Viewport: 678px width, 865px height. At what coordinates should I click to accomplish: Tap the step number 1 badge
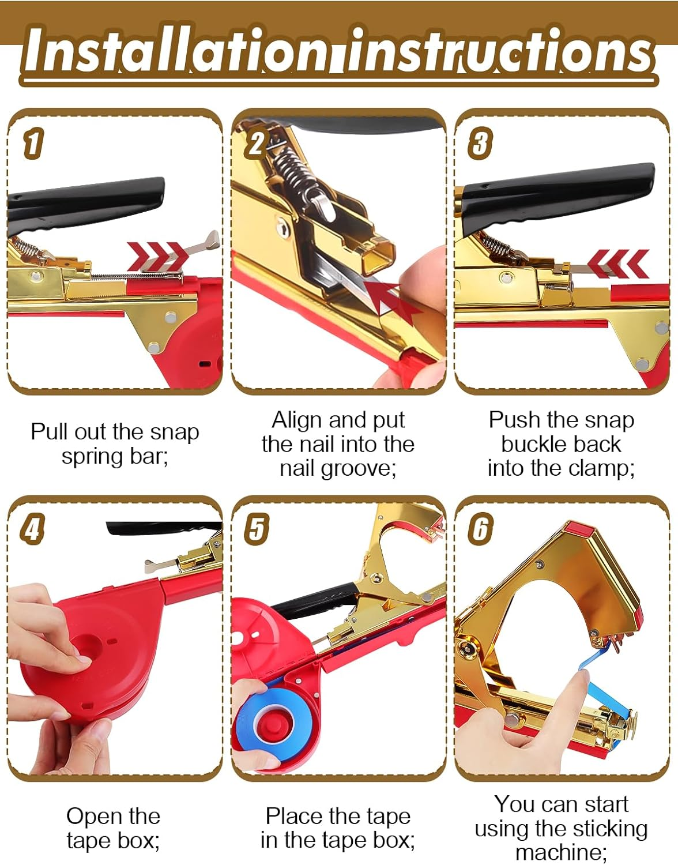pos(33,143)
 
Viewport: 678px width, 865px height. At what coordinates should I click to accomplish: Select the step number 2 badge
pos(256,143)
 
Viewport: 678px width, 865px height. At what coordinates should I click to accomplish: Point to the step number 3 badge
pos(480,143)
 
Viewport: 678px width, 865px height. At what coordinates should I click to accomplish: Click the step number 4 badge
pos(32,529)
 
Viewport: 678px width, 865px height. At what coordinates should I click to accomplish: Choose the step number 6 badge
pos(480,529)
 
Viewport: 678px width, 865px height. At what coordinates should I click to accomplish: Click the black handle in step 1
pos(86,199)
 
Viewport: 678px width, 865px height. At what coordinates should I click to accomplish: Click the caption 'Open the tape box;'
pos(113,828)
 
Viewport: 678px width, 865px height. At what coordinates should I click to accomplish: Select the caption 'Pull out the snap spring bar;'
pos(115,443)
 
